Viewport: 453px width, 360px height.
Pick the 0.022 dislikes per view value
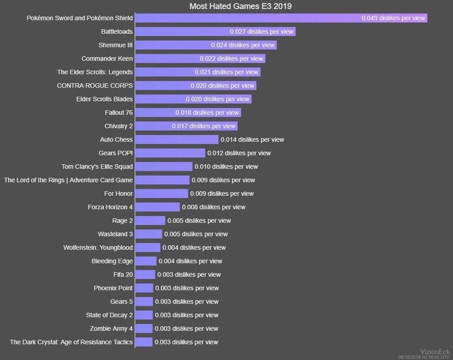(231, 59)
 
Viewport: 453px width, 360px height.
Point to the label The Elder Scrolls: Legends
(95, 72)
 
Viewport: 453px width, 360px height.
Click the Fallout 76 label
(119, 113)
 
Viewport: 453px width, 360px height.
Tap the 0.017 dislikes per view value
(203, 126)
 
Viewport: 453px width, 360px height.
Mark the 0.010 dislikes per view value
(226, 166)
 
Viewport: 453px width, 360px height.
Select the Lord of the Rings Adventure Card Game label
(69, 180)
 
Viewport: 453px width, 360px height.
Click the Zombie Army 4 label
(111, 328)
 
